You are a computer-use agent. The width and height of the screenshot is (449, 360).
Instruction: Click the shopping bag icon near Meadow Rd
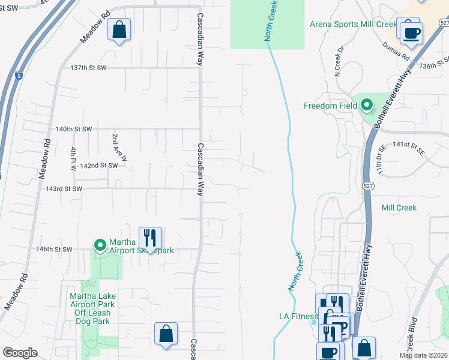pyautogui.click(x=119, y=29)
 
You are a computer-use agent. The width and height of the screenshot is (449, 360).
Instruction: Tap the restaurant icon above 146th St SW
pyautogui.click(x=150, y=237)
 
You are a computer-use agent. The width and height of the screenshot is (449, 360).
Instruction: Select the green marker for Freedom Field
pyautogui.click(x=366, y=106)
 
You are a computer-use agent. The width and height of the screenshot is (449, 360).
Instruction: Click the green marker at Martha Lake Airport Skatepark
pyautogui.click(x=100, y=245)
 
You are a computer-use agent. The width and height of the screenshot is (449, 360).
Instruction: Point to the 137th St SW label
pyautogui.click(x=88, y=68)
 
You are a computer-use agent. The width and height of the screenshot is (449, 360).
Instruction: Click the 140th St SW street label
pyautogui.click(x=74, y=129)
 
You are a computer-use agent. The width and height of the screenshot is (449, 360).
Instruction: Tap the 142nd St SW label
pyautogui.click(x=98, y=166)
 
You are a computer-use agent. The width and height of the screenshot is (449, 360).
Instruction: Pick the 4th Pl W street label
pyautogui.click(x=74, y=159)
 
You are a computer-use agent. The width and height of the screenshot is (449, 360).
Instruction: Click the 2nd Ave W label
pyautogui.click(x=119, y=148)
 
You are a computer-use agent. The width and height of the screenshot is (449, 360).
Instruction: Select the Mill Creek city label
pyautogui.click(x=399, y=208)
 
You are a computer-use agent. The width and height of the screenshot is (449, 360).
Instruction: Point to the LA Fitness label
pyautogui.click(x=298, y=316)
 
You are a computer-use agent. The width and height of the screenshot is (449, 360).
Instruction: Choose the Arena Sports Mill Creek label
pyautogui.click(x=353, y=25)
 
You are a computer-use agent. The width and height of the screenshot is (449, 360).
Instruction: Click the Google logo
pyautogui.click(x=20, y=353)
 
